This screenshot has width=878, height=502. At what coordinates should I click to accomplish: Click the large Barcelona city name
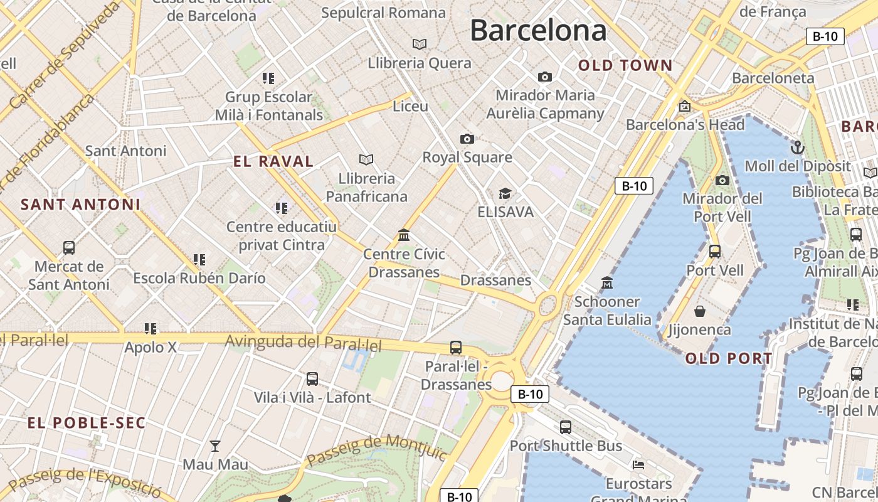pyautogui.click(x=538, y=30)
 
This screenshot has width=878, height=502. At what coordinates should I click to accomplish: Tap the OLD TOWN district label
pyautogui.click(x=625, y=65)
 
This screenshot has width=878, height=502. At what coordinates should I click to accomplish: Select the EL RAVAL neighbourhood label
pyautogui.click(x=273, y=161)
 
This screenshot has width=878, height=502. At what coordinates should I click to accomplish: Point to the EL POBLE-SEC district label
pyautogui.click(x=87, y=423)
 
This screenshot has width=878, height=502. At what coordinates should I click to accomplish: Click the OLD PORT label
pyautogui.click(x=729, y=359)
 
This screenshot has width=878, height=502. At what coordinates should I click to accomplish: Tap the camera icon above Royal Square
pyautogui.click(x=467, y=139)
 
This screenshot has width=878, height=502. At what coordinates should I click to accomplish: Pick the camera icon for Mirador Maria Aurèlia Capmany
pyautogui.click(x=545, y=77)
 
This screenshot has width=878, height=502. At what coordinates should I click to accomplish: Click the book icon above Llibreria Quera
pyautogui.click(x=420, y=44)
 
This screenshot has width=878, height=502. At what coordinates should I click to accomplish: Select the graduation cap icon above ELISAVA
pyautogui.click(x=505, y=193)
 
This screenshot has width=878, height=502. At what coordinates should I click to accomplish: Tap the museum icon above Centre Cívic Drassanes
pyautogui.click(x=404, y=235)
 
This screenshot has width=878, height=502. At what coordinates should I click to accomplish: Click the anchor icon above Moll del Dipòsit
pyautogui.click(x=797, y=147)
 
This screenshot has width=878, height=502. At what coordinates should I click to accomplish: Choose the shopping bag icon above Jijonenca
pyautogui.click(x=700, y=311)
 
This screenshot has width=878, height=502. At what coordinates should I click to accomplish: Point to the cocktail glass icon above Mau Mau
pyautogui.click(x=215, y=446)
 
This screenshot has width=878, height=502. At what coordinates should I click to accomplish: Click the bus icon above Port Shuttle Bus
pyautogui.click(x=566, y=427)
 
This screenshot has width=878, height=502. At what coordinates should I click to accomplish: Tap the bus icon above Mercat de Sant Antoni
pyautogui.click(x=69, y=248)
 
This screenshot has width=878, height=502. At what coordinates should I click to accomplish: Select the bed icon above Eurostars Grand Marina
pyautogui.click(x=638, y=465)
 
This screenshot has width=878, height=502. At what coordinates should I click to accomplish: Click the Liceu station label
pyautogui.click(x=410, y=106)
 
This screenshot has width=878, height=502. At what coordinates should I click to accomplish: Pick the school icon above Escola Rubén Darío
pyautogui.click(x=199, y=259)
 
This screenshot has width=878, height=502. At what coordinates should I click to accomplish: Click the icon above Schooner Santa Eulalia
pyautogui.click(x=606, y=283)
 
